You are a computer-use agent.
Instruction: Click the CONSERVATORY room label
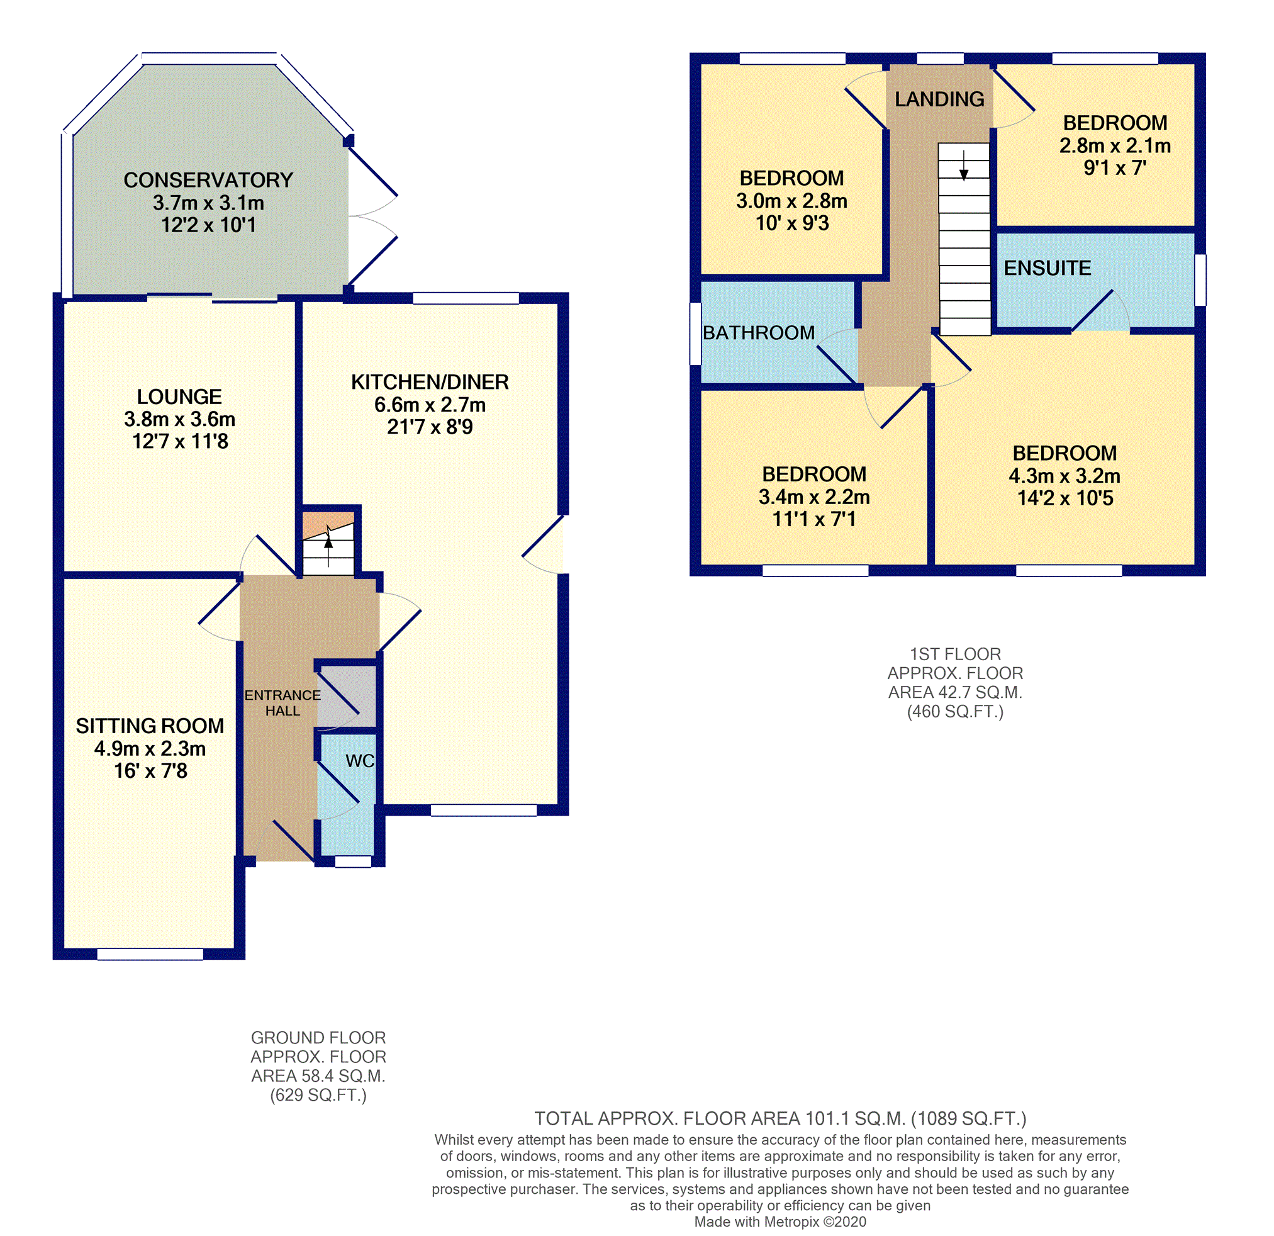point(209,180)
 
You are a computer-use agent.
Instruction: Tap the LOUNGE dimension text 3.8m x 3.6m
point(180,419)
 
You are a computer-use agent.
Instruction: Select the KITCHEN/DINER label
point(430,382)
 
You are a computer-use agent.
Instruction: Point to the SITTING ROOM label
point(150,726)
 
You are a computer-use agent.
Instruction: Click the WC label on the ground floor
point(359,761)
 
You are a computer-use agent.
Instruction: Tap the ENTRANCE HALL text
point(282,703)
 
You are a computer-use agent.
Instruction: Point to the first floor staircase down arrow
point(964,165)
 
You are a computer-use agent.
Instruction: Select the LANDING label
point(939,99)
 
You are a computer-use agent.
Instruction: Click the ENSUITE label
point(1047,268)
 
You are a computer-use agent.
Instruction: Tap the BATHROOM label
point(759,333)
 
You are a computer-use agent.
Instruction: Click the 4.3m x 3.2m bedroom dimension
point(1064,476)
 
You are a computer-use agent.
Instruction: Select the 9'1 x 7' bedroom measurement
point(1115,169)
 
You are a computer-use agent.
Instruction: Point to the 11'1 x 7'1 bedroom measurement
point(814,519)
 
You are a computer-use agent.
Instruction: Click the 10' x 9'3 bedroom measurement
point(791,223)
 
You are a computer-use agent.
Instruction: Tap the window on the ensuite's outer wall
point(1200,280)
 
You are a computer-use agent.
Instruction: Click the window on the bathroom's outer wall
point(695,334)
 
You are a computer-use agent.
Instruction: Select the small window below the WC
point(353,862)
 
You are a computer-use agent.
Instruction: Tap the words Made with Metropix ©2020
point(780,1222)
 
